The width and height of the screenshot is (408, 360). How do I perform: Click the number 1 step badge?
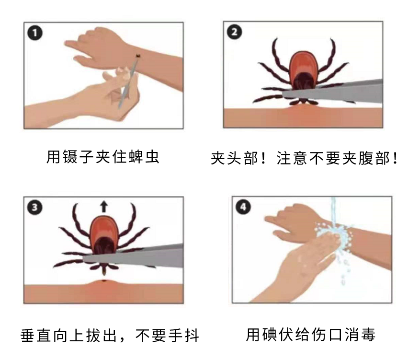point(34,33)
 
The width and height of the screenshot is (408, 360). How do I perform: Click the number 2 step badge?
point(234,32)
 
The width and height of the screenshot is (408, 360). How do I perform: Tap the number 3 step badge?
point(34,208)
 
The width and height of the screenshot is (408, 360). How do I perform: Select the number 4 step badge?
point(243,207)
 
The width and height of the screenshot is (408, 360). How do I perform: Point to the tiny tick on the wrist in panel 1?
point(137,56)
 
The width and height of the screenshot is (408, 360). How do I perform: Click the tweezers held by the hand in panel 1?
point(128,82)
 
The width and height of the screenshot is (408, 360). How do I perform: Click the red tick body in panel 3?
point(104,232)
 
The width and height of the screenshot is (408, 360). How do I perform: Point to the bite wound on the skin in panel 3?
point(104,280)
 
